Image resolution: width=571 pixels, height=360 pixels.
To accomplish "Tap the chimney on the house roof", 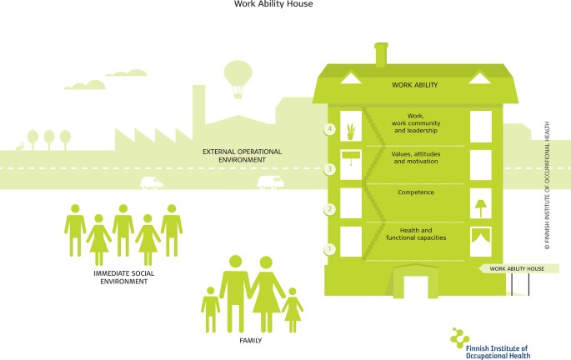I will click(x=383, y=55).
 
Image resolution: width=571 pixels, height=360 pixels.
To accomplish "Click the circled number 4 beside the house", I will click(x=331, y=129).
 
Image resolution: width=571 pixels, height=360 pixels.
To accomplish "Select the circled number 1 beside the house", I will click(x=331, y=248).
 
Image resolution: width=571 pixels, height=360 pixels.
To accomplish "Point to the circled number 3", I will click(x=331, y=169).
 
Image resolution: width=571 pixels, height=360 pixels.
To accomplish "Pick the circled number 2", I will click(x=331, y=209).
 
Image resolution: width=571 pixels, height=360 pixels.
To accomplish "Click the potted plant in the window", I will click(x=351, y=131).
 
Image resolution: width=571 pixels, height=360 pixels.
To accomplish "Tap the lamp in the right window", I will click(x=481, y=204).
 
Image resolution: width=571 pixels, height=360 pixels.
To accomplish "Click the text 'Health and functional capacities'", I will click(x=416, y=235).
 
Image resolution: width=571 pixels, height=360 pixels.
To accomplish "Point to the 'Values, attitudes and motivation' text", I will click(x=416, y=158).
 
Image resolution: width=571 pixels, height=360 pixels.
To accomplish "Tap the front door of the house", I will click(x=416, y=283).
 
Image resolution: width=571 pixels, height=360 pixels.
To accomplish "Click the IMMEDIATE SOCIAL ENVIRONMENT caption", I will click(x=121, y=277).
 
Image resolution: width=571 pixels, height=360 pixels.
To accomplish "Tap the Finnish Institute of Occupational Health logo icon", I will click(x=460, y=336).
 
